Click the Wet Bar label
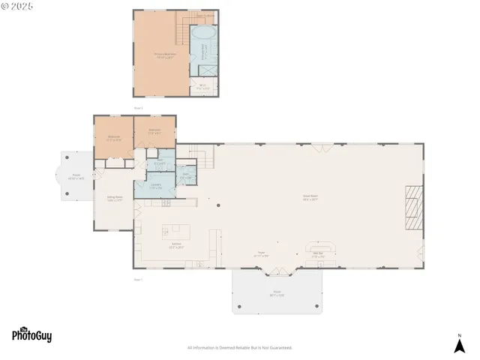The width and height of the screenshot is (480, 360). pos(318,253)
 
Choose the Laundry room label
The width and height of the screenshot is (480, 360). pos(156,186)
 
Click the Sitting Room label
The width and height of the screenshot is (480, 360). pos(114,199)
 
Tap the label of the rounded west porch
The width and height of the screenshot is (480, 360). pos(73,177)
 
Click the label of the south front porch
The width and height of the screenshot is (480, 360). pos(277,292)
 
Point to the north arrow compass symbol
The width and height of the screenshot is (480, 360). pos(459,343)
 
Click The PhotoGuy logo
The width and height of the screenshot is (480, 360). pos(31,335)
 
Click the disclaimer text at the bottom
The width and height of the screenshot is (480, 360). pos(239,348)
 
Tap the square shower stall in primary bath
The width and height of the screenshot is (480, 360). pos(205,68)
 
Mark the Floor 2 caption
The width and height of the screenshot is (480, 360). pos(138,108)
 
